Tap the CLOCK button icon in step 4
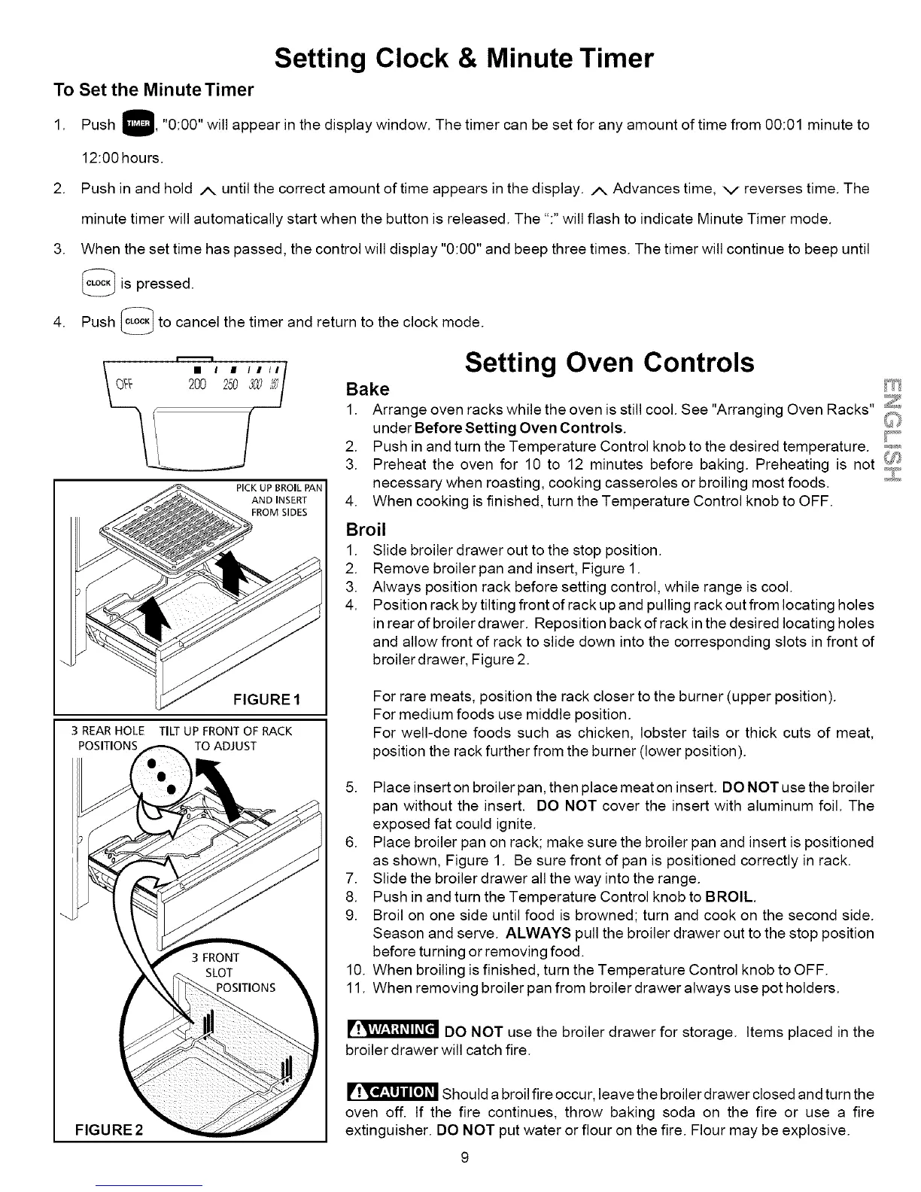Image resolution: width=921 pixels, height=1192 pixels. point(137,321)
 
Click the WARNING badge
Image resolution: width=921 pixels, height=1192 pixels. point(392,1029)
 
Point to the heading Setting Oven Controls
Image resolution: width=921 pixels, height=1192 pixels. point(609,363)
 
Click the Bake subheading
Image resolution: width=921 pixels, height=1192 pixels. point(367,389)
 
